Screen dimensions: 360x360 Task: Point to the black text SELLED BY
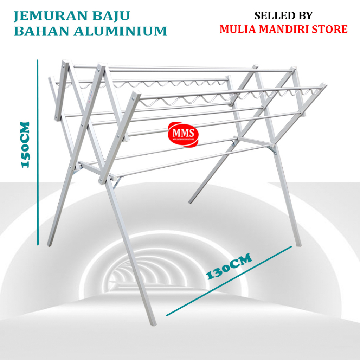(x=284, y=15)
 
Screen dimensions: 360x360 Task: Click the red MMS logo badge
(x=183, y=134)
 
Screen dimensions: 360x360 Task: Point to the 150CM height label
(x=25, y=144)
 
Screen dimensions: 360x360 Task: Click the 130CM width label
(x=229, y=266)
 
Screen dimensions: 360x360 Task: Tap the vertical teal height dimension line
(x=38, y=153)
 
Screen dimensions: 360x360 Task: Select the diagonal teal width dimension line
(x=229, y=281)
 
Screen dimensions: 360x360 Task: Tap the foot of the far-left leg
(x=49, y=245)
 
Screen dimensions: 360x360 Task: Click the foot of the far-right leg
(x=298, y=245)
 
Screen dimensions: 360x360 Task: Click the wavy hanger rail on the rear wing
(x=142, y=84)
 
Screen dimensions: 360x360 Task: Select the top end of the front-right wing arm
(x=324, y=85)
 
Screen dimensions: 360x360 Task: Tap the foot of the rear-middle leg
(x=190, y=201)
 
